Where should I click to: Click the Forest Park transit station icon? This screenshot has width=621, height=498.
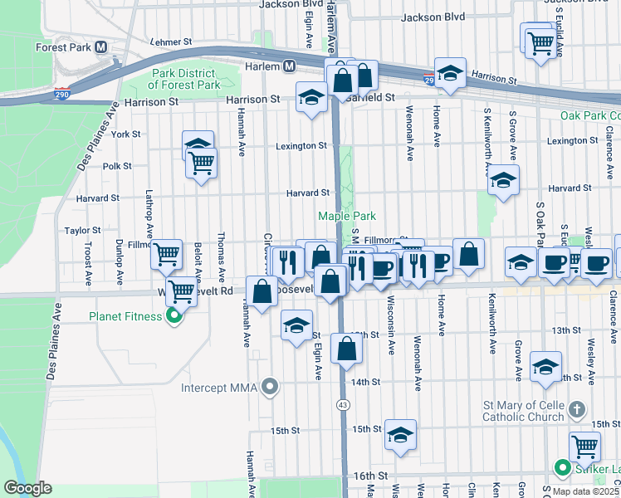point(100,47)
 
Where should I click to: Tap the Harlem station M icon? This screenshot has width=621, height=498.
point(290,66)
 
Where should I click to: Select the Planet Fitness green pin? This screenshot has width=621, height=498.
point(174,315)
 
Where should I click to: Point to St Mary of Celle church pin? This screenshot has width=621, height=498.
point(578,409)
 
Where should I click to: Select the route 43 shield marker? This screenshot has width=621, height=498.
point(342,404)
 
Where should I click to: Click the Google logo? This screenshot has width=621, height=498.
point(27,488)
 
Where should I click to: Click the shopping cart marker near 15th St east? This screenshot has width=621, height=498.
point(584,447)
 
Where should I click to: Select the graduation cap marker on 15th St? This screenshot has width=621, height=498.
point(400,435)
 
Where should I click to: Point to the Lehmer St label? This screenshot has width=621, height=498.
point(172,41)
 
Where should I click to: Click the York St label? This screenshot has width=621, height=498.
point(125,134)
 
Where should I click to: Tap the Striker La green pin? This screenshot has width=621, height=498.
point(560,468)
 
